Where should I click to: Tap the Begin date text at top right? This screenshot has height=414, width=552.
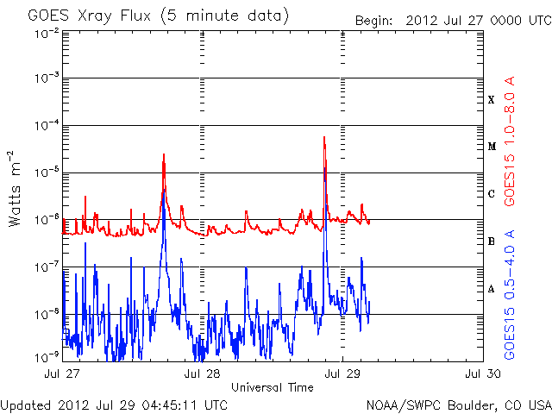452,21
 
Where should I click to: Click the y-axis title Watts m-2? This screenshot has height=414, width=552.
16,188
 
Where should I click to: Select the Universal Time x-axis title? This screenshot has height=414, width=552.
272,387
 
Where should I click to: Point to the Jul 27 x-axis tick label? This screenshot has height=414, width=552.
62,373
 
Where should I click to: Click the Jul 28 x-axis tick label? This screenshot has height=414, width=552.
203,373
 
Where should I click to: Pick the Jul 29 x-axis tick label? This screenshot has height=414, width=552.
342,373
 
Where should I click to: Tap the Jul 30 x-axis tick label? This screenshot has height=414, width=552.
482,373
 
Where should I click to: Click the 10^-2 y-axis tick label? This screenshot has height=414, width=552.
47,34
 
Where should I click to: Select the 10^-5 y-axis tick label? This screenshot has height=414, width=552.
47,173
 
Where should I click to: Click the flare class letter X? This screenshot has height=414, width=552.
491,100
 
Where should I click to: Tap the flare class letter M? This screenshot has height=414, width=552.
491,147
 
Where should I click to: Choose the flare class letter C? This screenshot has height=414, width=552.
491,194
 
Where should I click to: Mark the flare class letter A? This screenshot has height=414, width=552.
491,289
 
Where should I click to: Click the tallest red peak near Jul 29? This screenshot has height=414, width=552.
324,137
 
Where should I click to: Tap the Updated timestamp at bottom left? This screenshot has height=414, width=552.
115,405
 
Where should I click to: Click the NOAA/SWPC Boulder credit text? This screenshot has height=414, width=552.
458,405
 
